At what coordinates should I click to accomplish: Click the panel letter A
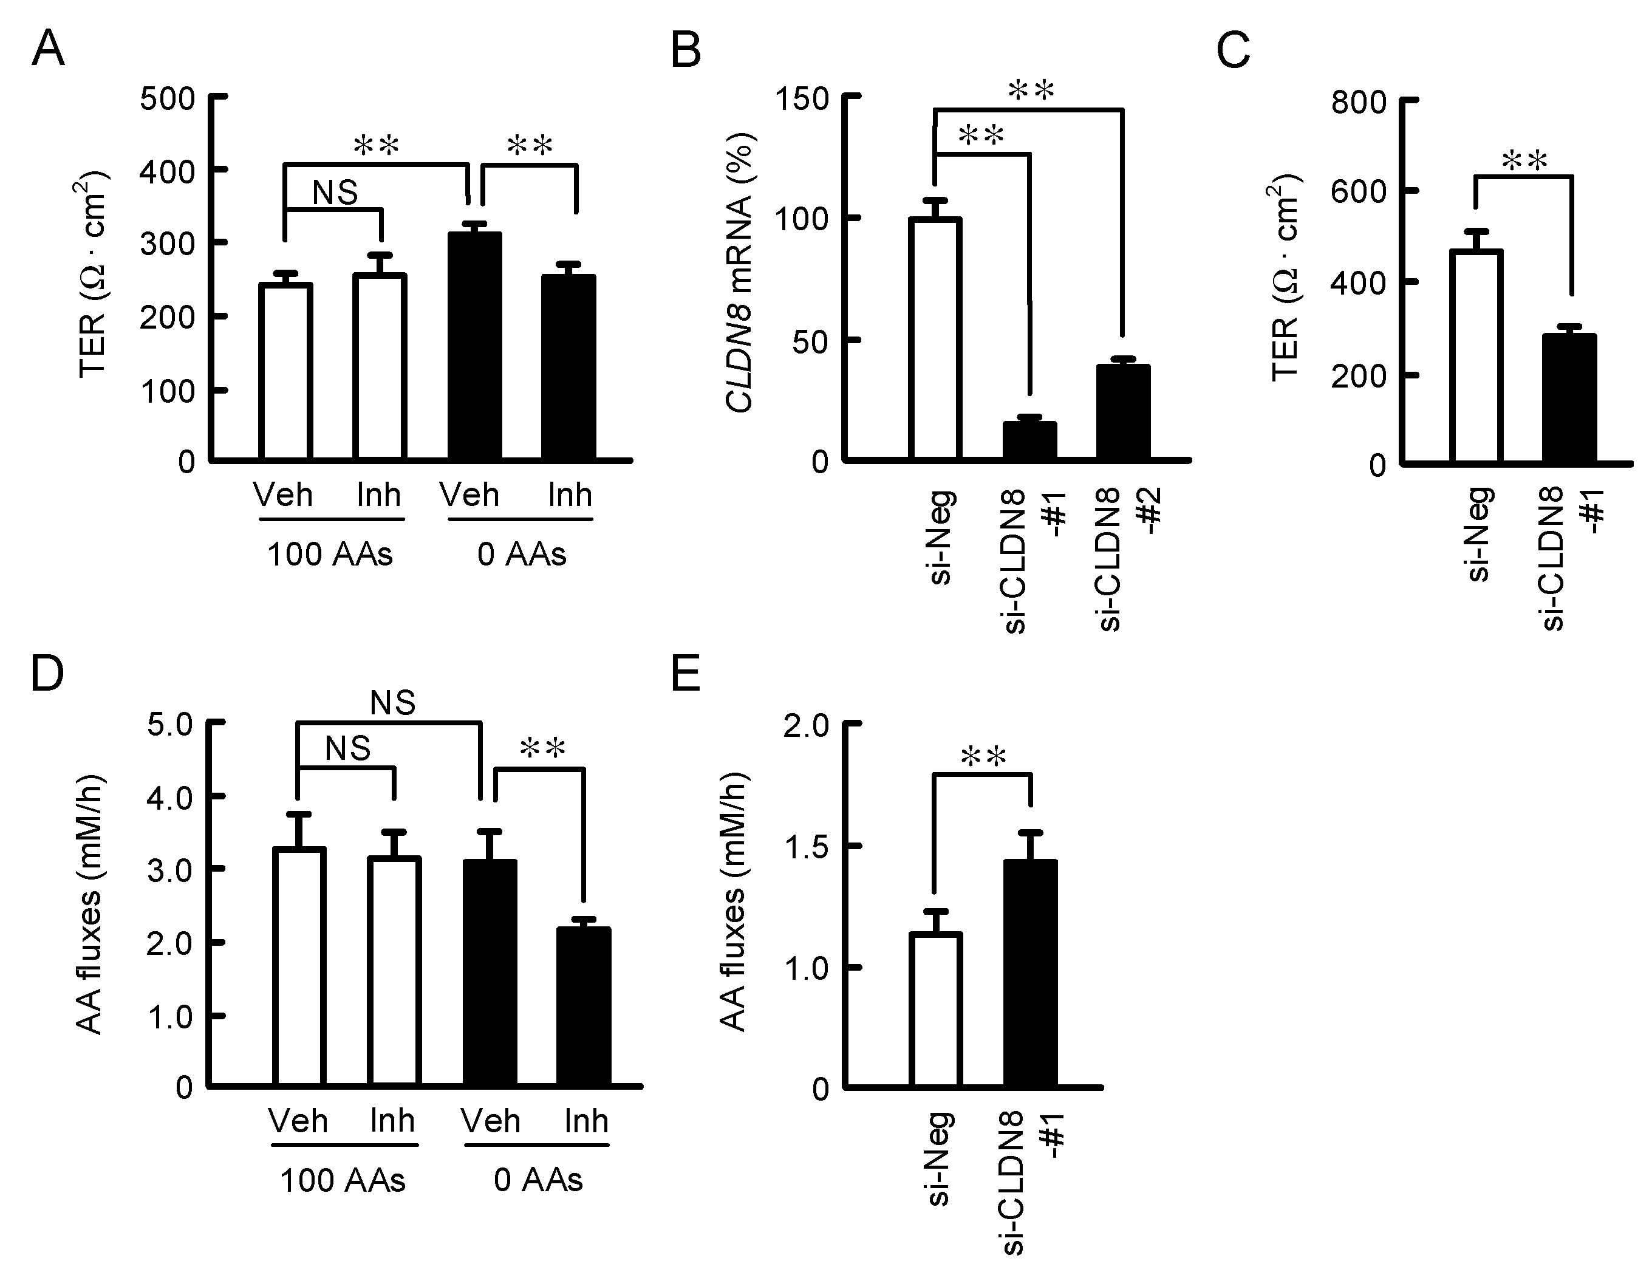(47, 50)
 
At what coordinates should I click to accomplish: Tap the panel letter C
(1233, 52)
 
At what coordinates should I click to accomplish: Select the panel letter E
(686, 674)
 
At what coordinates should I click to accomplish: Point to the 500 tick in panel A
(167, 98)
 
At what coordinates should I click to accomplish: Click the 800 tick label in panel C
(1359, 102)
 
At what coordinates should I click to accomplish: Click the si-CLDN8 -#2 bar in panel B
(1123, 412)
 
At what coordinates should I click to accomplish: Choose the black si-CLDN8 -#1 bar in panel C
(1569, 398)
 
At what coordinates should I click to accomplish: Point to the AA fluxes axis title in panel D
(90, 904)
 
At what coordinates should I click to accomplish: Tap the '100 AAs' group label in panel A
(330, 555)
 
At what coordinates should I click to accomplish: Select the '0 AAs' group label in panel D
(538, 1180)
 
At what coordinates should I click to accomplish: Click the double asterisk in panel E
(983, 757)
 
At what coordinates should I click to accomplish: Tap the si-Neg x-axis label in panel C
(1479, 533)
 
